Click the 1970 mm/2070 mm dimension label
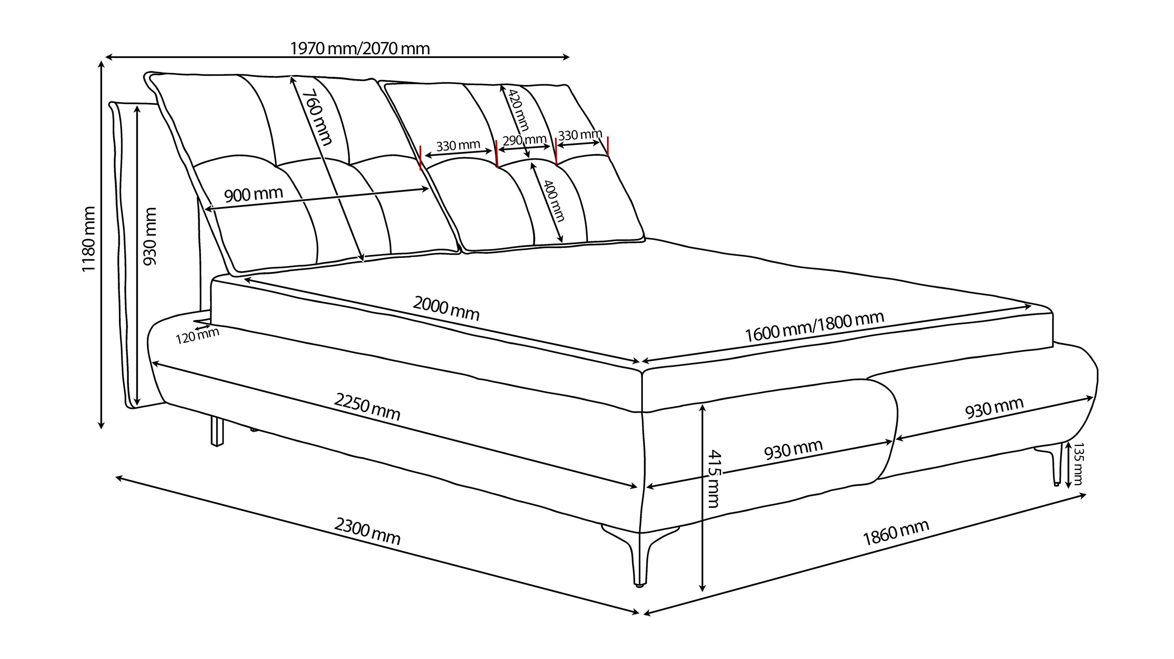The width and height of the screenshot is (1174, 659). (360, 48)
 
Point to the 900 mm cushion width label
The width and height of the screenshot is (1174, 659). (253, 194)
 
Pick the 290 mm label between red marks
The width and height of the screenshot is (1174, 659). (524, 140)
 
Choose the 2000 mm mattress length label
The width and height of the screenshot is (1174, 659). (446, 308)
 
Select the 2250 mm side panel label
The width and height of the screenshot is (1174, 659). (367, 407)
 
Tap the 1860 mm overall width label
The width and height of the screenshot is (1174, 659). (895, 532)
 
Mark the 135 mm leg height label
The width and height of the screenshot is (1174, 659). (1078, 464)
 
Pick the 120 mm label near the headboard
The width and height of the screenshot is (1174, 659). (197, 336)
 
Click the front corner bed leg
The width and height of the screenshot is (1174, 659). (640, 556)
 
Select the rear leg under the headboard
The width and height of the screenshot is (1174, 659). (218, 431)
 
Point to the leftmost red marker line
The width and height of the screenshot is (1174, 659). (421, 158)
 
